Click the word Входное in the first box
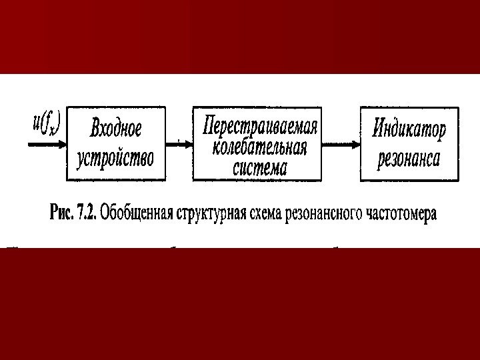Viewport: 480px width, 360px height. point(117,128)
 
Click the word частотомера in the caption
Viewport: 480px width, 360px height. point(403,215)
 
